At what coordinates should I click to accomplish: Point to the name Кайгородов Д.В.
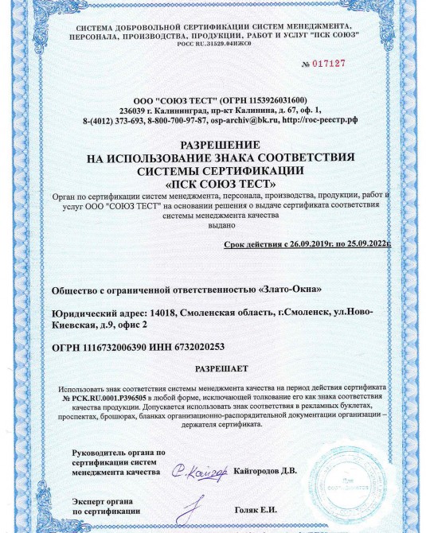[265, 471]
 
